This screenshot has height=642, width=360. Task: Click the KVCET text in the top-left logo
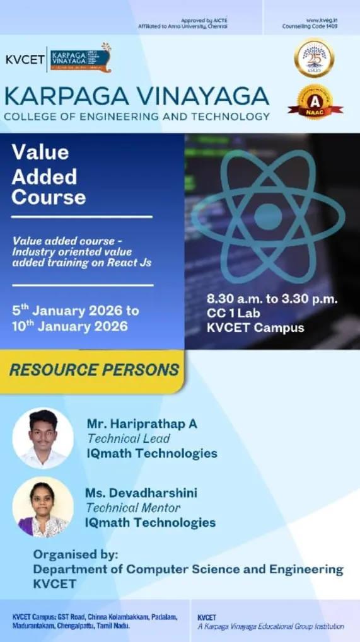point(25,59)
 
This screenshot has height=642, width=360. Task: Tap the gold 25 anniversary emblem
point(313,58)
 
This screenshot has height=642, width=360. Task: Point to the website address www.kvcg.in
point(322,21)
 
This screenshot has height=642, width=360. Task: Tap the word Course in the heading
point(49,197)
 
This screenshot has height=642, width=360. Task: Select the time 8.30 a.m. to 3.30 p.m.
point(272,299)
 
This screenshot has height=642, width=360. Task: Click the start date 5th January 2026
point(76,311)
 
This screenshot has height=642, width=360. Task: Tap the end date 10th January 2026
point(69,326)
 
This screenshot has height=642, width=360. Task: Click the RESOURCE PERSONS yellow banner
point(94,370)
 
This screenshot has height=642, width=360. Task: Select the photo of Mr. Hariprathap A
point(43,438)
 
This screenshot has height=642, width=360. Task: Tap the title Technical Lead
point(129,439)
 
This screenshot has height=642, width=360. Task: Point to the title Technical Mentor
point(133,507)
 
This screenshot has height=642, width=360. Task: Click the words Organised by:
point(75,554)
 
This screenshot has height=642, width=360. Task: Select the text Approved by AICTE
point(204,21)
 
